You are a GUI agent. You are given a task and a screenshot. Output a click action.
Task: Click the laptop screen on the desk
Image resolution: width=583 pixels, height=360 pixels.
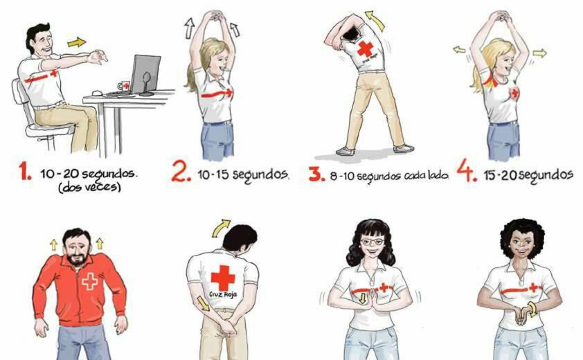(145, 73)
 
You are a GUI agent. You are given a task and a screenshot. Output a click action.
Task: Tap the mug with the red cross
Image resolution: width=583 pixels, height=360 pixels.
(124, 86)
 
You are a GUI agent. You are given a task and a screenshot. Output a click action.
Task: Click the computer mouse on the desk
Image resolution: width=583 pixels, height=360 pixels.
(97, 93)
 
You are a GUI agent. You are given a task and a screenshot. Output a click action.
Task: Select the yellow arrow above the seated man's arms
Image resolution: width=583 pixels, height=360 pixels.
(77, 42)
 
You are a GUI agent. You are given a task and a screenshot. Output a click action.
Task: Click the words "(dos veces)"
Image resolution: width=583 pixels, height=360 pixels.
(90, 187)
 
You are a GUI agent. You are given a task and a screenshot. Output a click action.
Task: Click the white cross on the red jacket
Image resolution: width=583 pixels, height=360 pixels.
(90, 281)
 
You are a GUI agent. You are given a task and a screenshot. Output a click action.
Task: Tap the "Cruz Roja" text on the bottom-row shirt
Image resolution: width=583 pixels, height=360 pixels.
(223, 295)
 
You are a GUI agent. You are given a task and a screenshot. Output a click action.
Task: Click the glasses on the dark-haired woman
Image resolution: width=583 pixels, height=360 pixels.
(372, 242)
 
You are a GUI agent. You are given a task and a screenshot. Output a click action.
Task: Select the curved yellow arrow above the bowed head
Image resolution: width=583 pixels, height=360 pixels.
(220, 228)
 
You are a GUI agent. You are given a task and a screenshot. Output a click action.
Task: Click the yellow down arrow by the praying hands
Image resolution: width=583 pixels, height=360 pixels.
(362, 299)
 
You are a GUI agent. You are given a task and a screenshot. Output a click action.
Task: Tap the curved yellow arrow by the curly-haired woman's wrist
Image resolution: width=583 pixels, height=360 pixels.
(533, 309)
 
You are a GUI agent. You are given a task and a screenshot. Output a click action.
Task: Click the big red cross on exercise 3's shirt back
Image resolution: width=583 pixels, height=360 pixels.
(365, 49)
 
